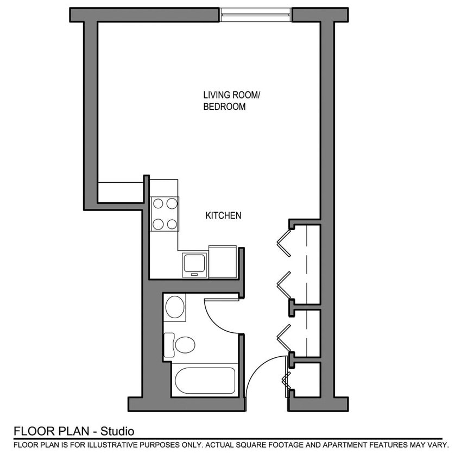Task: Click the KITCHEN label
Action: point(223,216)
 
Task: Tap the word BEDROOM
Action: point(224,107)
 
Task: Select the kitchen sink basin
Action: point(194,264)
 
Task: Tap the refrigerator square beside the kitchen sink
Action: point(223,262)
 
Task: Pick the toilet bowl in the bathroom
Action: point(185,345)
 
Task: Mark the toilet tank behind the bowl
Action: point(169,345)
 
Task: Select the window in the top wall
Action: point(256,14)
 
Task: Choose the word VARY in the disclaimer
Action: point(439,445)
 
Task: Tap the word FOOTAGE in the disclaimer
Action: point(294,445)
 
